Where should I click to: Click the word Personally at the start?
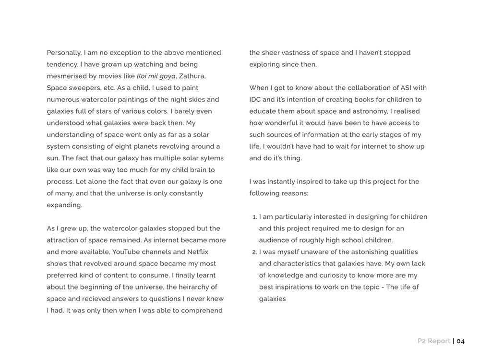click(64, 53)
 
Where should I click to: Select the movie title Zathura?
click(192, 76)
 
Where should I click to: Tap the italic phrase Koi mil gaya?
click(156, 76)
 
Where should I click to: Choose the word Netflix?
click(198, 252)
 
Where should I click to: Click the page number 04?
click(460, 341)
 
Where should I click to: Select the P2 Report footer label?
click(433, 341)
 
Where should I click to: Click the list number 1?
click(254, 217)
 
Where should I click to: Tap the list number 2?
click(254, 252)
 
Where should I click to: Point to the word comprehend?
click(202, 311)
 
